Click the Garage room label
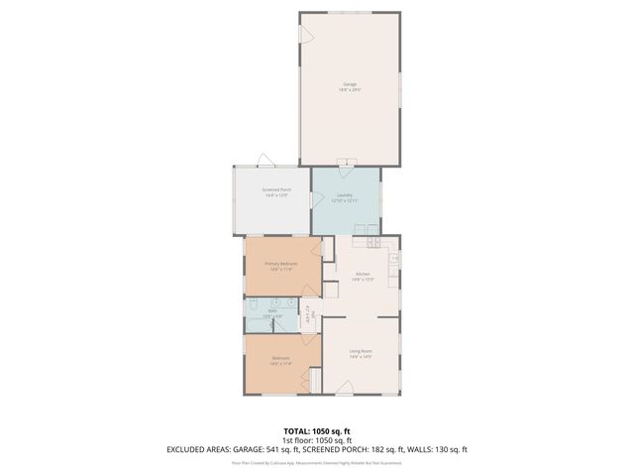point(350,84)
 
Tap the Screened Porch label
point(276,189)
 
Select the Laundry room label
point(345,195)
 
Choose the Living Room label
point(360,351)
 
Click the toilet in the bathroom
point(254,303)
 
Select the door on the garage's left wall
point(306,36)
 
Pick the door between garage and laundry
point(345,162)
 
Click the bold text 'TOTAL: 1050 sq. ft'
point(317,431)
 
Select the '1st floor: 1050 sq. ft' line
point(317,440)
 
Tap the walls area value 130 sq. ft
point(446,449)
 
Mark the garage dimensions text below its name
point(350,90)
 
